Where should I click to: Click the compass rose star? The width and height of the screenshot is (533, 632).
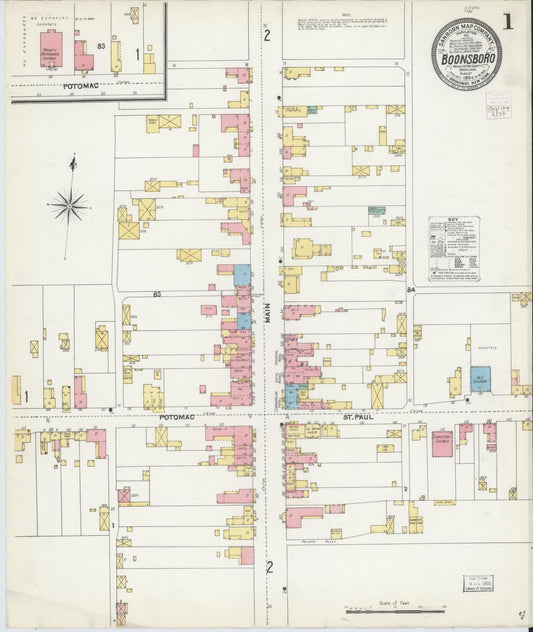pyautogui.click(x=69, y=207)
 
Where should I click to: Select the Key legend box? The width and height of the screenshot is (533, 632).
pyautogui.click(x=453, y=248)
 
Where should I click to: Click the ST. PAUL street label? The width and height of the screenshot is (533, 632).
pyautogui.click(x=357, y=415)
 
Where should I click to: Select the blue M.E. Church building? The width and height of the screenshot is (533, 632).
pyautogui.click(x=480, y=380)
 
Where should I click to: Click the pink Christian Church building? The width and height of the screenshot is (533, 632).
pyautogui.click(x=442, y=442)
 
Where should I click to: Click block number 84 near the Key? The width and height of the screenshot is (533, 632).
pyautogui.click(x=412, y=289)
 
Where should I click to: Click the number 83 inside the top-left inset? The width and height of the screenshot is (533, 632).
pyautogui.click(x=102, y=46)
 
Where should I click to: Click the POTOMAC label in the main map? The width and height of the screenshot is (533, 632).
pyautogui.click(x=175, y=415)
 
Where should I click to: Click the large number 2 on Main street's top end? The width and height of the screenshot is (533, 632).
pyautogui.click(x=267, y=36)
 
